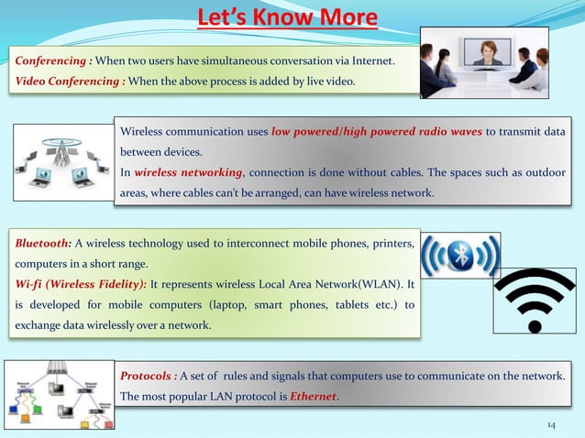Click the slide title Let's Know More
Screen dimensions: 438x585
288,17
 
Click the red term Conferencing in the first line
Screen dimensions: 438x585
51,61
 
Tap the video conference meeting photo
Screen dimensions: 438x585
483,61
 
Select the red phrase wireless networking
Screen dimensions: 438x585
189,172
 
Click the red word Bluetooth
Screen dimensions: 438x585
42,243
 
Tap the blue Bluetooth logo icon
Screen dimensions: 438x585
460,255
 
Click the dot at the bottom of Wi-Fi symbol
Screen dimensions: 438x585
535,324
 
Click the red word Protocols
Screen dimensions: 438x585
148,377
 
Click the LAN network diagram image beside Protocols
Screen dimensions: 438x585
60,393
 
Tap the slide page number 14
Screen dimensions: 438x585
551,425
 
